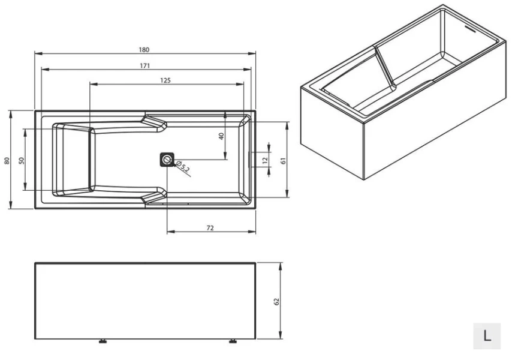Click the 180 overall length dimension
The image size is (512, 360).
(x=144, y=50)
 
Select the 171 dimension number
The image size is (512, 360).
(x=145, y=65)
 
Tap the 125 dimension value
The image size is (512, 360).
(x=165, y=80)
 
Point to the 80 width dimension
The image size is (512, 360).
(x=7, y=160)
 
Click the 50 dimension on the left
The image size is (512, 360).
(x=22, y=160)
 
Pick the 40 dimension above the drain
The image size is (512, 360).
(x=221, y=136)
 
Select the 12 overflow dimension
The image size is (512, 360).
(x=265, y=160)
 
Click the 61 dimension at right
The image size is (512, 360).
(x=283, y=160)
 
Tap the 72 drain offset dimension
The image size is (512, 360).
(x=210, y=227)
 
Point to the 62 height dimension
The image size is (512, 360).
(x=276, y=301)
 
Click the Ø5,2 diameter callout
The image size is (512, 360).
(x=183, y=167)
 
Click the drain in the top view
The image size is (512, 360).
(x=167, y=160)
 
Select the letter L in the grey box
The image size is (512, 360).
(x=487, y=335)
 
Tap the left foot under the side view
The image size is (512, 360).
(x=103, y=341)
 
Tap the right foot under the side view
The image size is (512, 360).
(x=233, y=341)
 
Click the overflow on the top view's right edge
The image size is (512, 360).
(x=250, y=160)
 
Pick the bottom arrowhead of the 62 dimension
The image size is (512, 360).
(x=280, y=335)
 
